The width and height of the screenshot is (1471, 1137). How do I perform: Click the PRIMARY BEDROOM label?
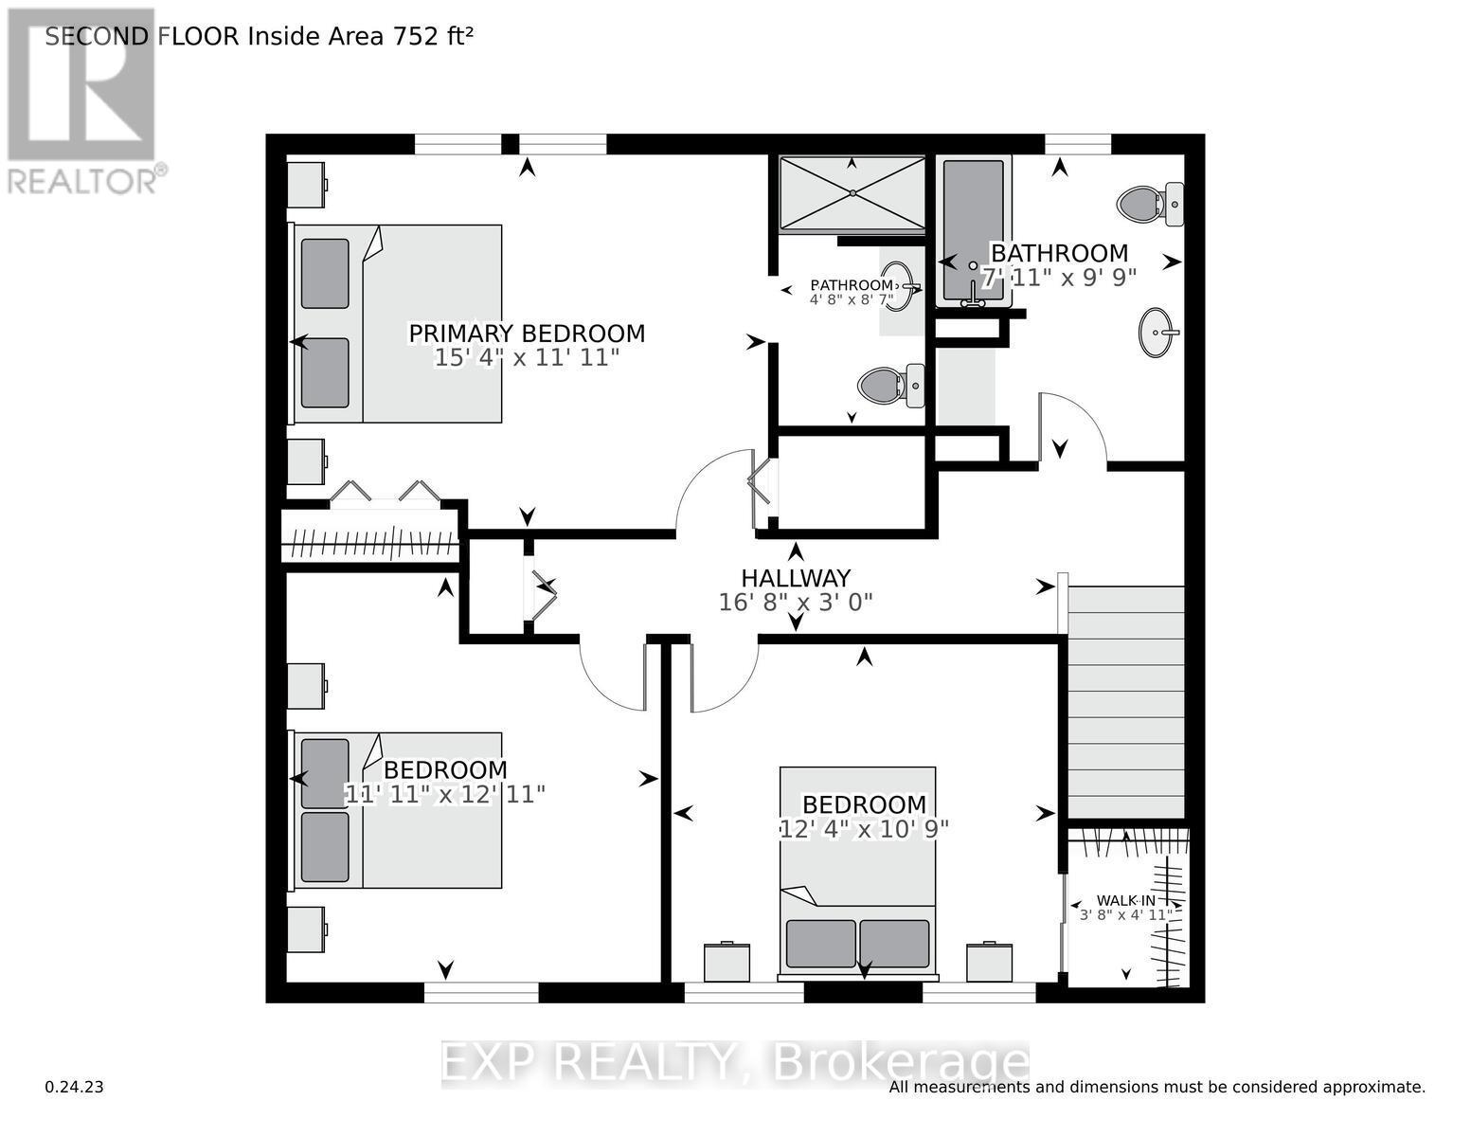pos(527,334)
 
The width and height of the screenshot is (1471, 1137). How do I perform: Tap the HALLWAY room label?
pos(795,578)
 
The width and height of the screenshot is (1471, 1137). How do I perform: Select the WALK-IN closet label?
pos(1125,900)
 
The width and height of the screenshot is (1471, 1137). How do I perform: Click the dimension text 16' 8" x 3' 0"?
pos(795,603)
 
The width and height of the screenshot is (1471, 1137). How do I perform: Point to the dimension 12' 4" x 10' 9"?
pos(864,828)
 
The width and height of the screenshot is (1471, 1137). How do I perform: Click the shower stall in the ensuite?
pos(852,193)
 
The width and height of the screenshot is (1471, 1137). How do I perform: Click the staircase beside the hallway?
pos(1126,701)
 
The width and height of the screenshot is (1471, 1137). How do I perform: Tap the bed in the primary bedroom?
pos(398,323)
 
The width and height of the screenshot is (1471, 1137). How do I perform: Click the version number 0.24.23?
pos(74,1087)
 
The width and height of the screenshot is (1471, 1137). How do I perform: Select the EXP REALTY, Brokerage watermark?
pos(735,1063)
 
